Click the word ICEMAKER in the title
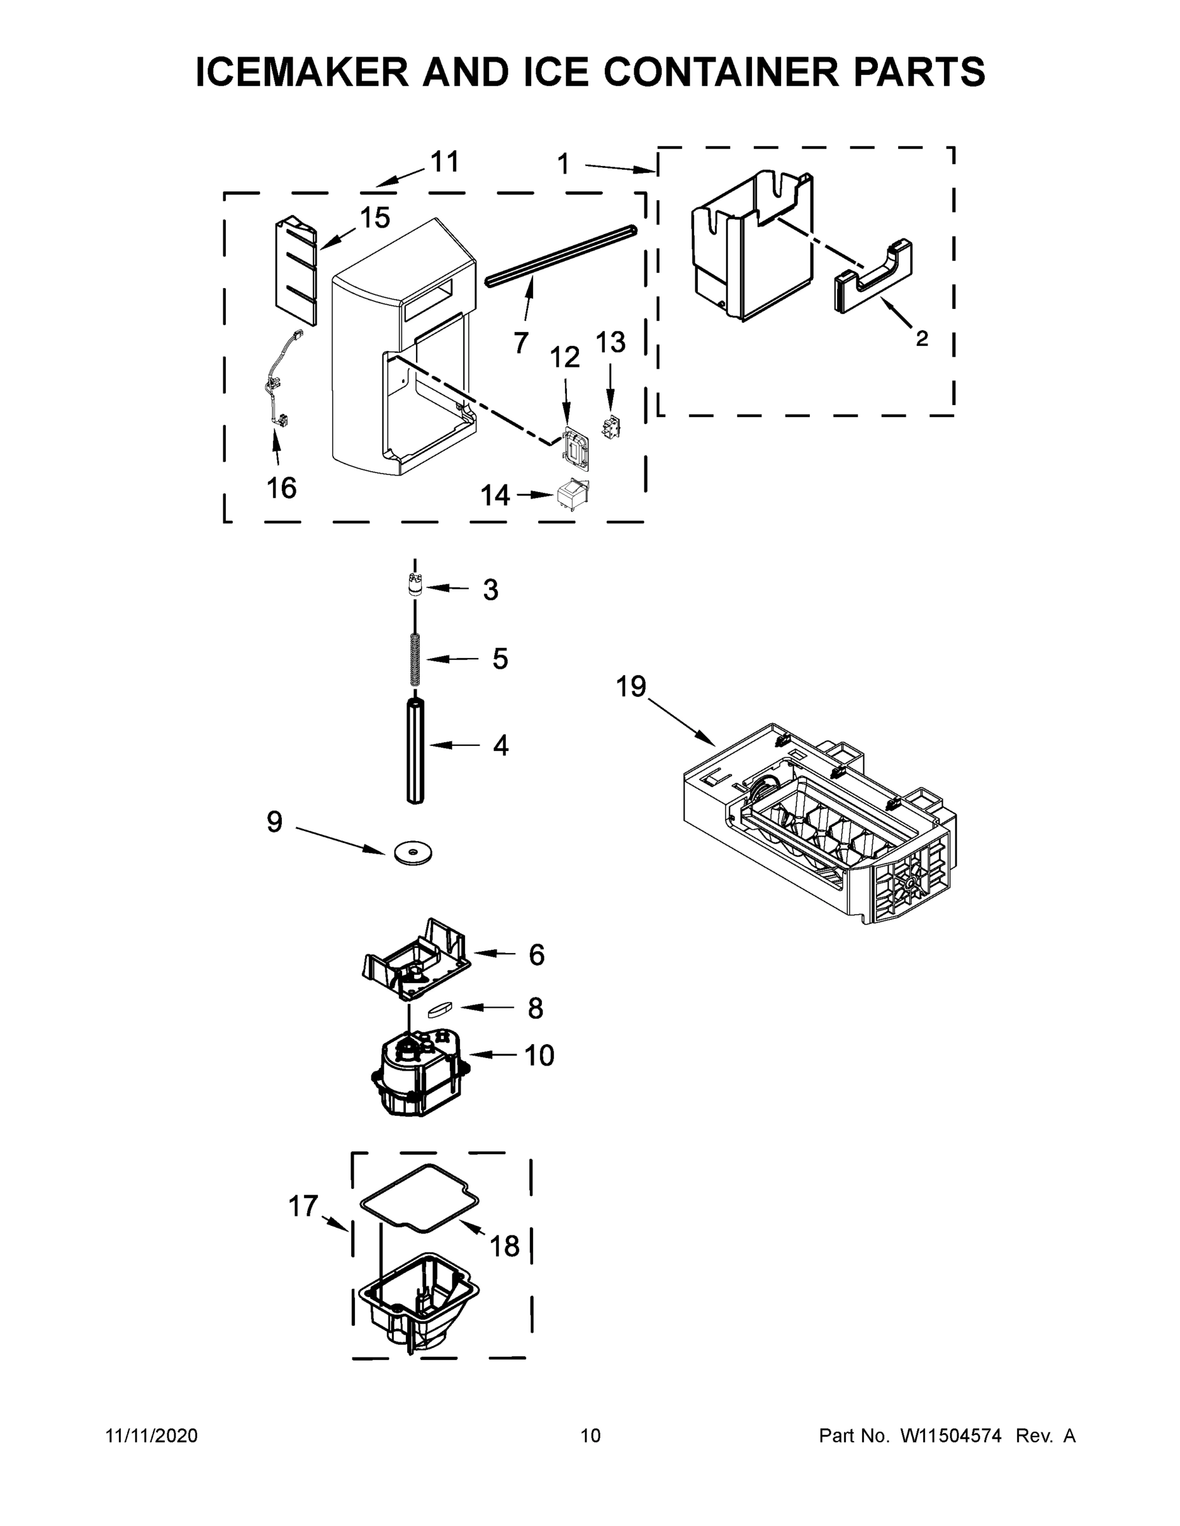point(302,72)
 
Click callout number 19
point(630,686)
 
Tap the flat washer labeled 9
point(412,853)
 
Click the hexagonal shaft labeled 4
point(415,751)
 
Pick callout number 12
point(565,358)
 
